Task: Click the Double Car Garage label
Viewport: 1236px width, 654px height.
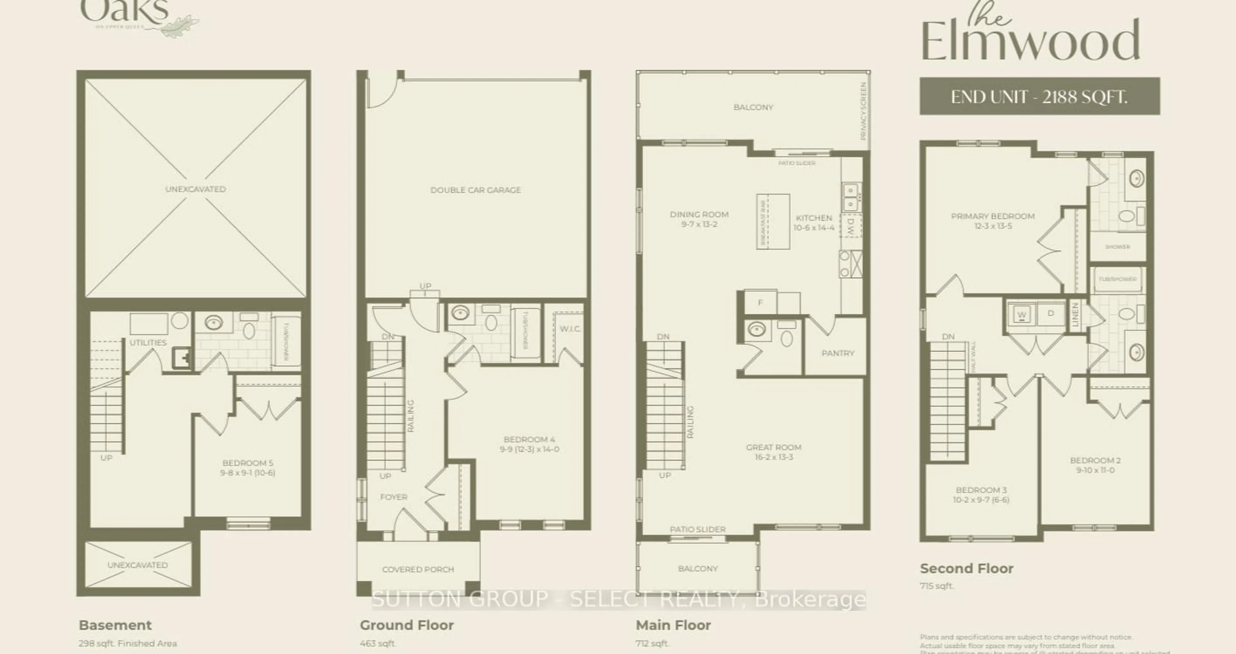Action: [475, 190]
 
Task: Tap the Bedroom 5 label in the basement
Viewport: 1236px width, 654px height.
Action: [248, 463]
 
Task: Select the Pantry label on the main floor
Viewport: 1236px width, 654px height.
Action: [838, 353]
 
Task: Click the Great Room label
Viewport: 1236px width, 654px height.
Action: [773, 447]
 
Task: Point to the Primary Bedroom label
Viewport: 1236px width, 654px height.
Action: [992, 216]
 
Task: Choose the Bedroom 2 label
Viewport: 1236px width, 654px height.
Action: [1095, 461]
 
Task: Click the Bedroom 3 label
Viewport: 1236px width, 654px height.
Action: [981, 490]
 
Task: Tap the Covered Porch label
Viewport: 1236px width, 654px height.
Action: [418, 570]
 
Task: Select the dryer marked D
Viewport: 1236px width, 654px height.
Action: [1051, 313]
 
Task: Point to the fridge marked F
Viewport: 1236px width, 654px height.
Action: [760, 302]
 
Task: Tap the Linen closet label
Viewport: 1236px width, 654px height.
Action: [1075, 315]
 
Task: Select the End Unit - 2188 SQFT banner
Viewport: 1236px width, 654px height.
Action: [1039, 97]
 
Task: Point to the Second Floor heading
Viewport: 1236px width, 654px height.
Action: [966, 569]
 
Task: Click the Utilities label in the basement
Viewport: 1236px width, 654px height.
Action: [148, 342]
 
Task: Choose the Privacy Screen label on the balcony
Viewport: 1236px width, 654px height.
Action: [863, 111]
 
